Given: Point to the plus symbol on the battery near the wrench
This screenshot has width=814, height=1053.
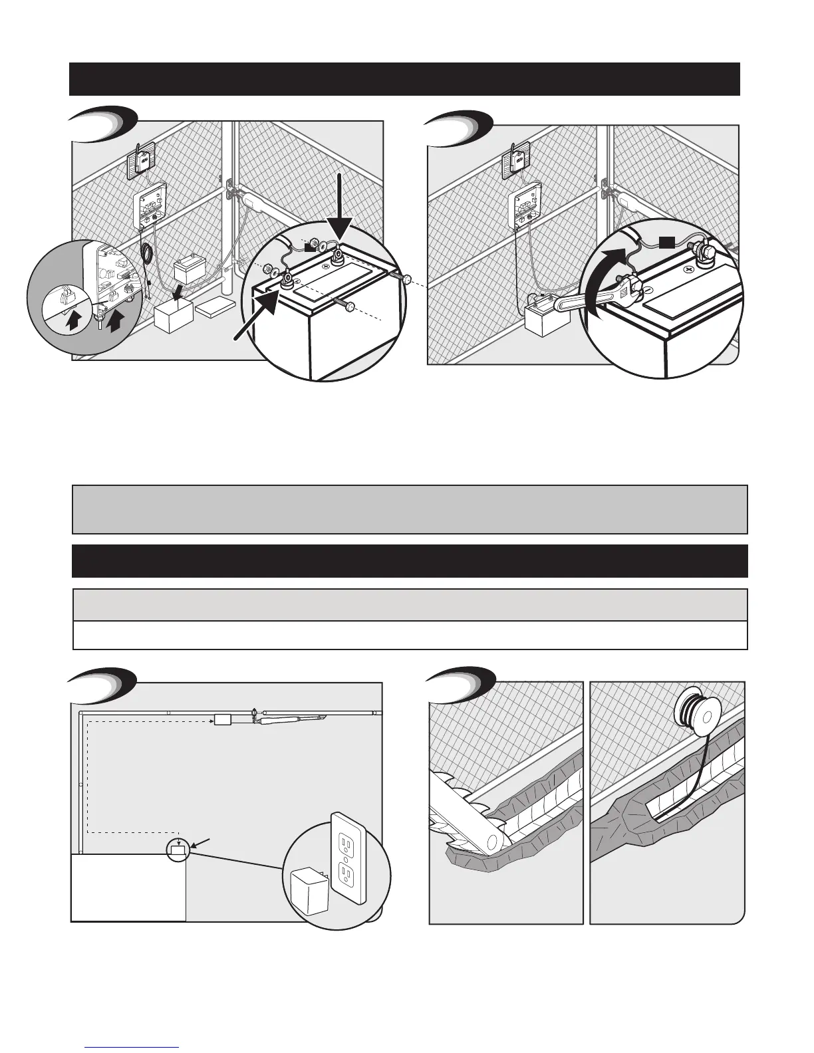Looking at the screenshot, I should [x=691, y=271].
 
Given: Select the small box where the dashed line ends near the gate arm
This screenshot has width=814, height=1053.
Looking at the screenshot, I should [x=223, y=720].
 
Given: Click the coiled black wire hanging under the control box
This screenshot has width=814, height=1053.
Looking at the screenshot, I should [x=147, y=253].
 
